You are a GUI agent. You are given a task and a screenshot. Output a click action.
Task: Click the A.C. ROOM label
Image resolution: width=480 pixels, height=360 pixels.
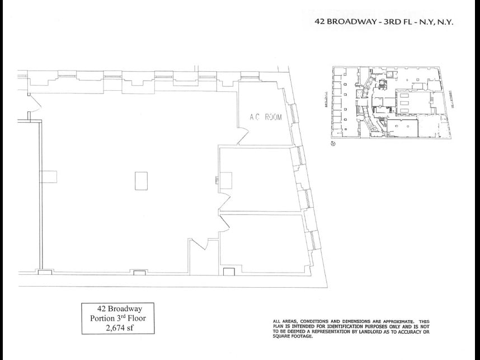click(265, 118)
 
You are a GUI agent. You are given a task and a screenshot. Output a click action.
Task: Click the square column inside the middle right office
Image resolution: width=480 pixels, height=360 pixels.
click(227, 179)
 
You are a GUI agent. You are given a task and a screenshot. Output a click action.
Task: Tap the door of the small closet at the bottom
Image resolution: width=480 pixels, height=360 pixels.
click(200, 244)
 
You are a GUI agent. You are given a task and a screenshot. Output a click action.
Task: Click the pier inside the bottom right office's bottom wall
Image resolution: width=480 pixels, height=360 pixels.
click(228, 272)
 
